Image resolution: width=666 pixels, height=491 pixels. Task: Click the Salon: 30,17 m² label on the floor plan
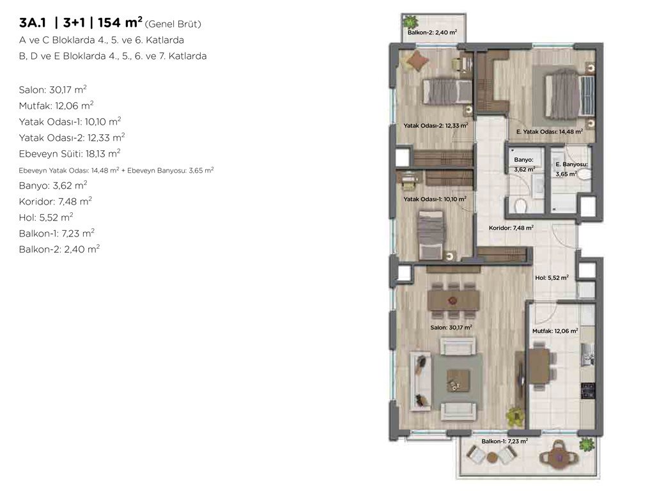(451, 327)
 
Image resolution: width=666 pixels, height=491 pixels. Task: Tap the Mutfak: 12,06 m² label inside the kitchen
(555, 331)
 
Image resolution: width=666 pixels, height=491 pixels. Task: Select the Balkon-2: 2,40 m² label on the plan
(432, 32)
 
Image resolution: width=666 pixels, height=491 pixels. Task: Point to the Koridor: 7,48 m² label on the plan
(511, 228)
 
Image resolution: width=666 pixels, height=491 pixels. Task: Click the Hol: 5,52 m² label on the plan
(552, 277)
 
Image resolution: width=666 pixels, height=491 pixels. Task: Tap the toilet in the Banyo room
(521, 206)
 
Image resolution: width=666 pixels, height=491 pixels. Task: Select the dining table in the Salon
(453, 300)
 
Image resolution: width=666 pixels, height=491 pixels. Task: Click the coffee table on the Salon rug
(458, 380)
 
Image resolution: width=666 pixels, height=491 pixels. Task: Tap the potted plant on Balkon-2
(410, 21)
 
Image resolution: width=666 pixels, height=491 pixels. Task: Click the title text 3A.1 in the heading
(33, 23)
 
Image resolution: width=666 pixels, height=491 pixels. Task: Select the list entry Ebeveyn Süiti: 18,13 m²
(70, 153)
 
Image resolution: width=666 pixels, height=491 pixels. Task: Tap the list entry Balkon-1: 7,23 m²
(56, 233)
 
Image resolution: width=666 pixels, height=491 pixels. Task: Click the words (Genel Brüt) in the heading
(173, 24)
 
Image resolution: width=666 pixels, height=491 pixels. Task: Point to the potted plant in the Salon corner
(515, 417)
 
